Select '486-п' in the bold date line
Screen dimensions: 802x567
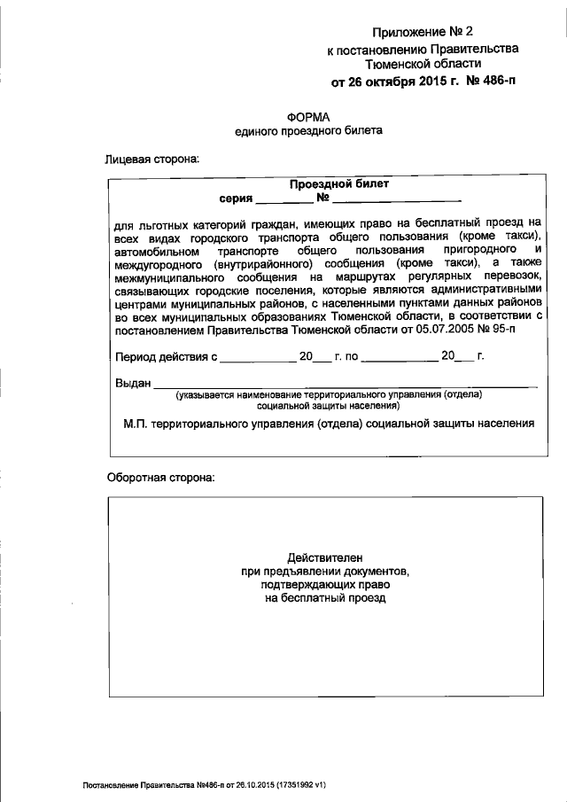(495, 82)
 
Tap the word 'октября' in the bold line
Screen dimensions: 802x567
(397, 82)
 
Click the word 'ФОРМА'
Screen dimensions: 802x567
(308, 116)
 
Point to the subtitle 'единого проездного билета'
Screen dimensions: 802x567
(308, 131)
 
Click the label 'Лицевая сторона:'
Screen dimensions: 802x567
(152, 160)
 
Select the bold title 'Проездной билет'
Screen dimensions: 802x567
(339, 184)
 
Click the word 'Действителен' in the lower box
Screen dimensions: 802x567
(326, 557)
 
